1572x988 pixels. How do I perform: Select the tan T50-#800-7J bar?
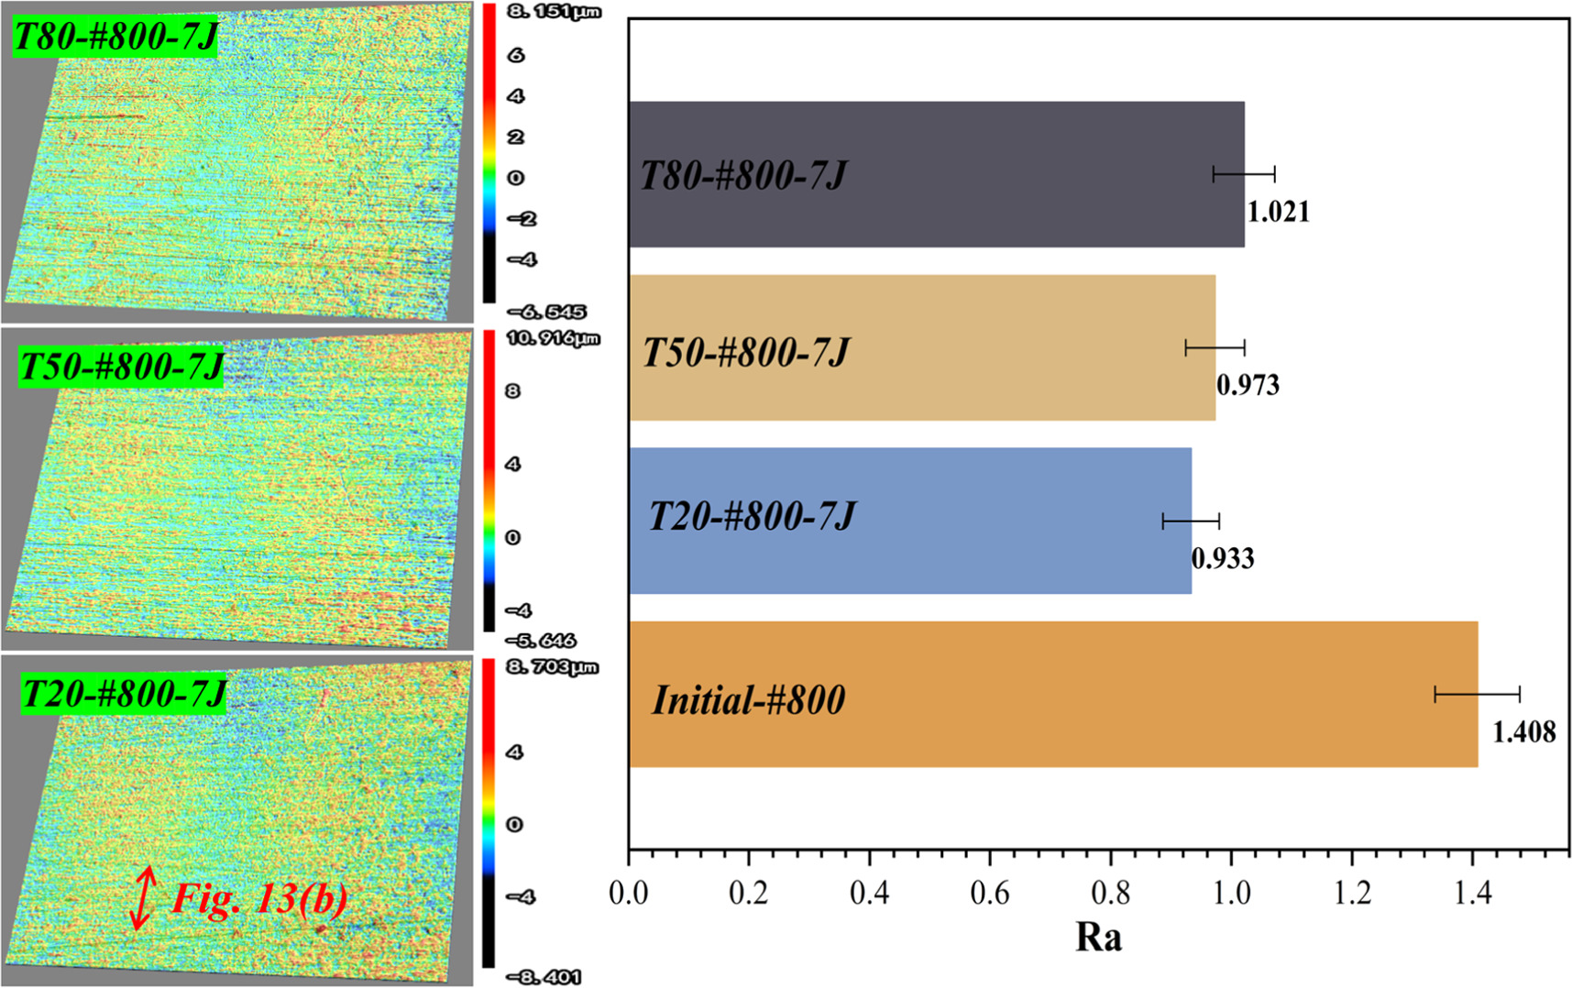[1008, 347]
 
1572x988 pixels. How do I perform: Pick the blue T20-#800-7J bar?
[1008, 521]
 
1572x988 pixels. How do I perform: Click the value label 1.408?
[1523, 732]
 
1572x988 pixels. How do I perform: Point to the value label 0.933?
[1223, 558]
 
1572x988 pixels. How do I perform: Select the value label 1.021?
[1278, 212]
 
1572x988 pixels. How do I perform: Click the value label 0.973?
[1248, 385]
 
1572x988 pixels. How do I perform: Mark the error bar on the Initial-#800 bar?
[1477, 694]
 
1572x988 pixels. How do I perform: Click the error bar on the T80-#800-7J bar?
[1244, 174]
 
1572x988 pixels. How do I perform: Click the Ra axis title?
[1098, 937]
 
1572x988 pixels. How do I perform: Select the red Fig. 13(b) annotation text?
[260, 899]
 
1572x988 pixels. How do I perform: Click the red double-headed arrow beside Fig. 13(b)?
[142, 898]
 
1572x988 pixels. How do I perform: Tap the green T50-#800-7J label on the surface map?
[120, 367]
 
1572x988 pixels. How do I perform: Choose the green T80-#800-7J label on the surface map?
[115, 38]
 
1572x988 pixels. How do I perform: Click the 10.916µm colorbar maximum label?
[553, 338]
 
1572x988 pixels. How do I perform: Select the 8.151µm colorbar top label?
[554, 12]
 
